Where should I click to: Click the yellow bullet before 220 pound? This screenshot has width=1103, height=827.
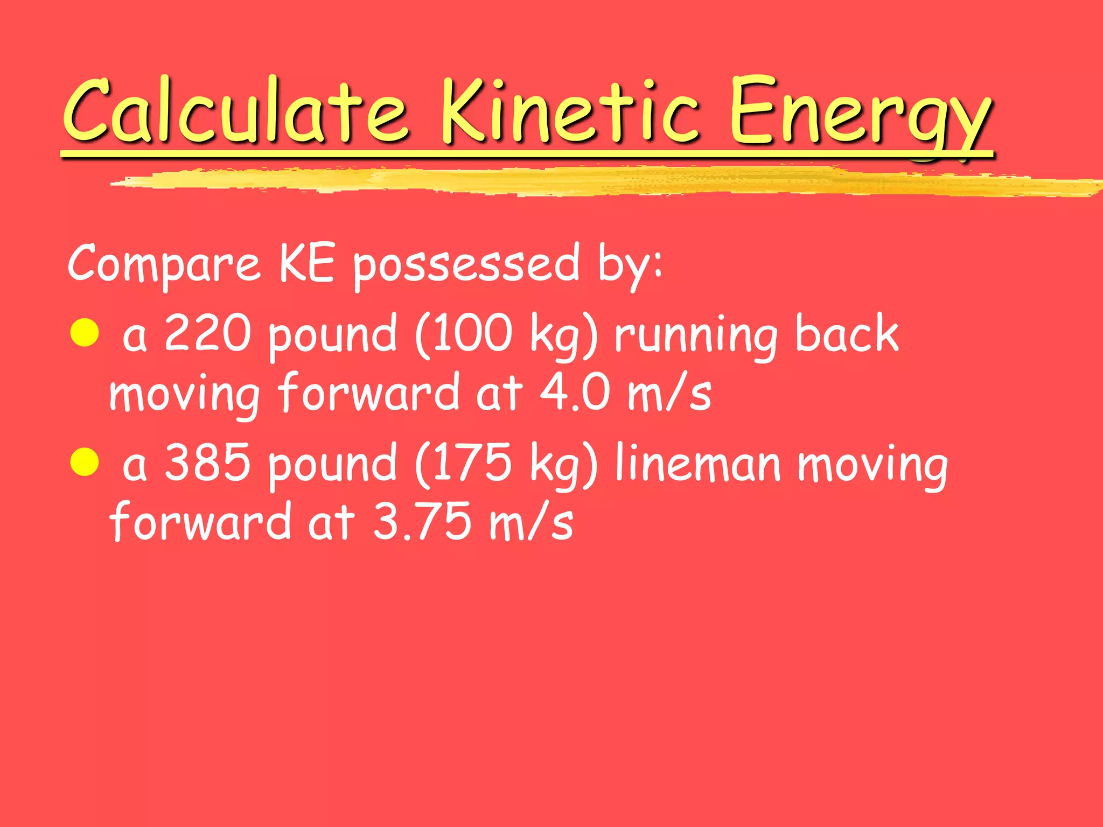(85, 332)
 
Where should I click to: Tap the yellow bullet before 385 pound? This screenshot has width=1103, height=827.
(85, 462)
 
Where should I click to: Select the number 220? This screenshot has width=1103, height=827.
(207, 334)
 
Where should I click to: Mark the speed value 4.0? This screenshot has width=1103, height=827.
(575, 393)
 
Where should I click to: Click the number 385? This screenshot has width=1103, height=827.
(207, 463)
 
